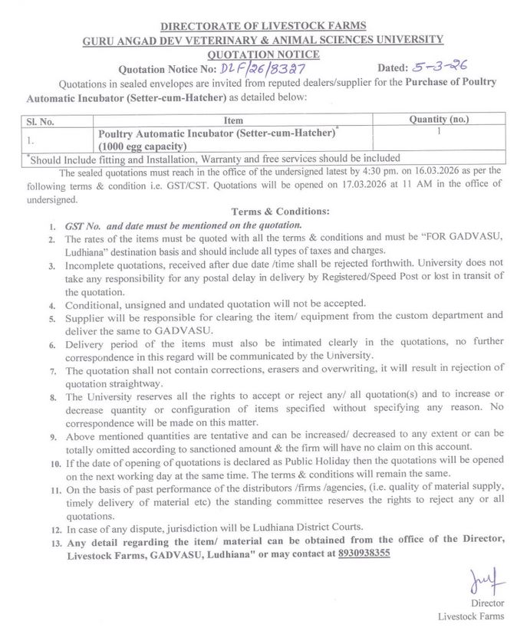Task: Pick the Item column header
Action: point(234,120)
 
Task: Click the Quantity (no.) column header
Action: point(439,120)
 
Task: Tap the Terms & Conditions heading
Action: point(279,211)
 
